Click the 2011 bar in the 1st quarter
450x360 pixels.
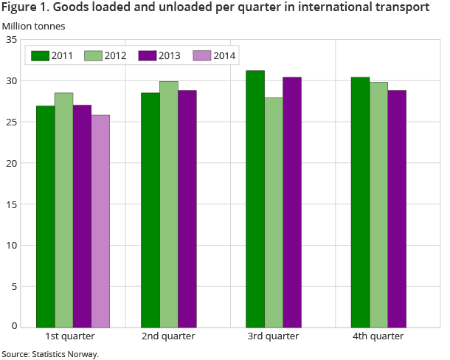coord(45,216)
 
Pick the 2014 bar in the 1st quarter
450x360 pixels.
coord(100,221)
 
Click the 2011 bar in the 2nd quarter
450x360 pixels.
coord(150,210)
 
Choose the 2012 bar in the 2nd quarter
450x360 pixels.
coord(168,204)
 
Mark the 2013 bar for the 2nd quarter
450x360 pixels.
coord(187,208)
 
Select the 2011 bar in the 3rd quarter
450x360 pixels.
coord(255,198)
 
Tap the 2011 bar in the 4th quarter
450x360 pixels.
coord(360,201)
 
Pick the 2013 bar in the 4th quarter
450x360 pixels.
coord(397,208)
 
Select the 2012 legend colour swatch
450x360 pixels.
coord(92,55)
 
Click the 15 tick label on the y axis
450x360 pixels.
coord(11,204)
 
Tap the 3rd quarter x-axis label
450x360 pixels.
coord(273,336)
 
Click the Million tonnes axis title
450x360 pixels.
coord(33,26)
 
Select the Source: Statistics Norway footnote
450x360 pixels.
coord(50,354)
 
